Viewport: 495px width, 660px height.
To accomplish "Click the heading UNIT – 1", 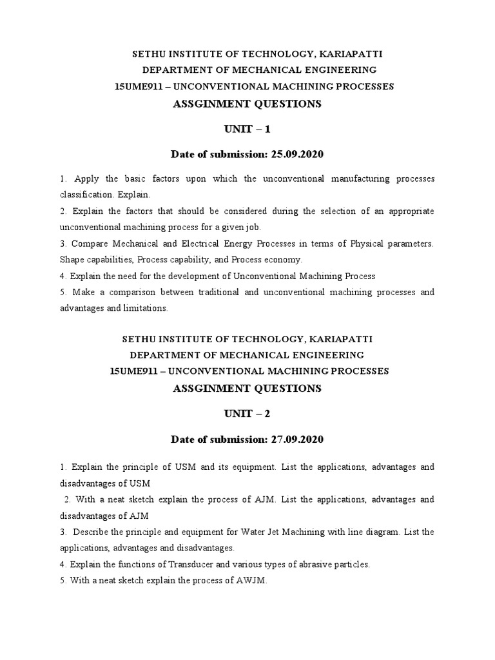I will click(247, 129).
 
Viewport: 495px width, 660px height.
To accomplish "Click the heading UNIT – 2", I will click(247, 414).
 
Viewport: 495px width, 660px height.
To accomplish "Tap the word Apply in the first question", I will click(86, 178).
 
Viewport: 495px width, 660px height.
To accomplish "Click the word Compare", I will click(90, 243).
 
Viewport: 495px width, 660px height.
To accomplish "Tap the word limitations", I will click(145, 308).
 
